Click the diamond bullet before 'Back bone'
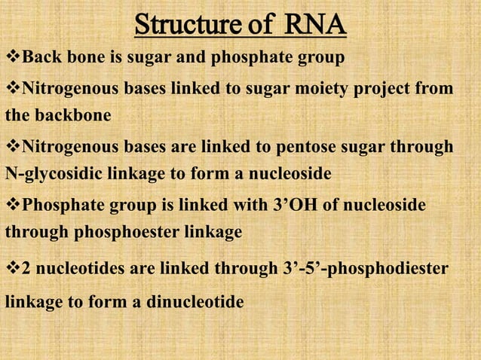[x=11, y=57]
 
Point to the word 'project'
[x=378, y=90]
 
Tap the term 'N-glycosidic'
[x=50, y=174]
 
